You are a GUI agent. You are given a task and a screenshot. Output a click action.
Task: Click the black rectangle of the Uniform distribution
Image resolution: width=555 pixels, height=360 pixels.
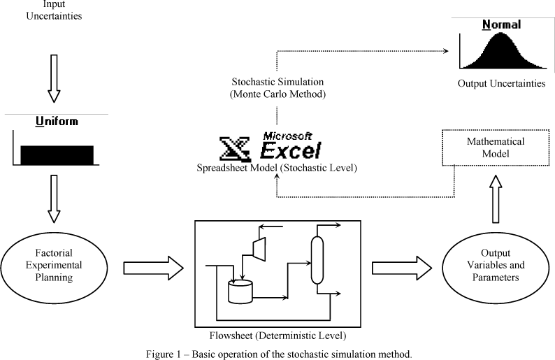(x=57, y=154)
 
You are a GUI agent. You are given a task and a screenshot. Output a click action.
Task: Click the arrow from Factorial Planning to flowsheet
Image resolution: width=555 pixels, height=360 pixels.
(x=152, y=267)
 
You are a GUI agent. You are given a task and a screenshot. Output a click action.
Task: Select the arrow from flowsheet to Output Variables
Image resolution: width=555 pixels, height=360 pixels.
(x=401, y=267)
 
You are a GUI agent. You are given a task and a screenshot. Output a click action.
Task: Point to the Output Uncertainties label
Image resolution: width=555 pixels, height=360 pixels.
(x=501, y=84)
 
